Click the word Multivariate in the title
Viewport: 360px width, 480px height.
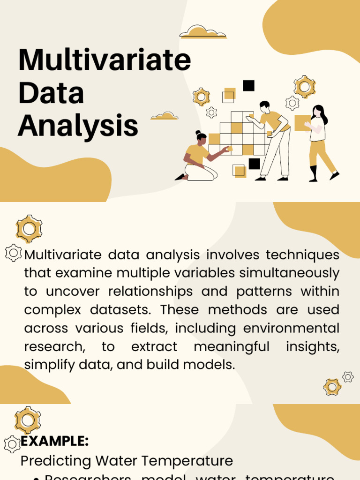(x=105, y=60)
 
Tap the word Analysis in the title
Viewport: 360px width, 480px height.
(x=78, y=125)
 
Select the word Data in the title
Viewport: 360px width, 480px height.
(x=51, y=93)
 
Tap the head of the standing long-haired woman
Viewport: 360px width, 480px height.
(x=318, y=112)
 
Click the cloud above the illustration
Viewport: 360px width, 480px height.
(x=202, y=32)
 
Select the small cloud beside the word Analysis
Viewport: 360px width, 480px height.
(x=164, y=115)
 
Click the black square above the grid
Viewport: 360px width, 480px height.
(x=248, y=85)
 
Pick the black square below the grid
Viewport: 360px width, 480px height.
(x=254, y=164)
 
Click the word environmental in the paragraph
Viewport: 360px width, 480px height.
(x=291, y=328)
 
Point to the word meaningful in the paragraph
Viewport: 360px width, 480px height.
(x=232, y=347)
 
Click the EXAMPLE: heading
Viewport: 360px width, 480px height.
(x=55, y=441)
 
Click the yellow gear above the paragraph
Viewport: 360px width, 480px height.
(x=29, y=229)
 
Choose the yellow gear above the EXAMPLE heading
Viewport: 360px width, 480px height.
(x=28, y=420)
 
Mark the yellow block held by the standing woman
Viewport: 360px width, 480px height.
(x=302, y=123)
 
